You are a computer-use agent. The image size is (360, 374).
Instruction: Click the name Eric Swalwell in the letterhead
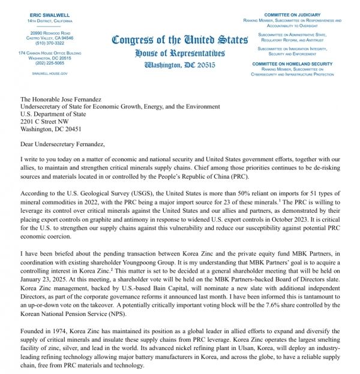click(x=50, y=14)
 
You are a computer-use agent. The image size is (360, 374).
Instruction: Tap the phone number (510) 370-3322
click(x=50, y=43)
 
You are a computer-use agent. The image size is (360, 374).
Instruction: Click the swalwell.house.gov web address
click(x=50, y=73)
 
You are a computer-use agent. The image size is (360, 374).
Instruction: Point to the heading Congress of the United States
click(x=179, y=41)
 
